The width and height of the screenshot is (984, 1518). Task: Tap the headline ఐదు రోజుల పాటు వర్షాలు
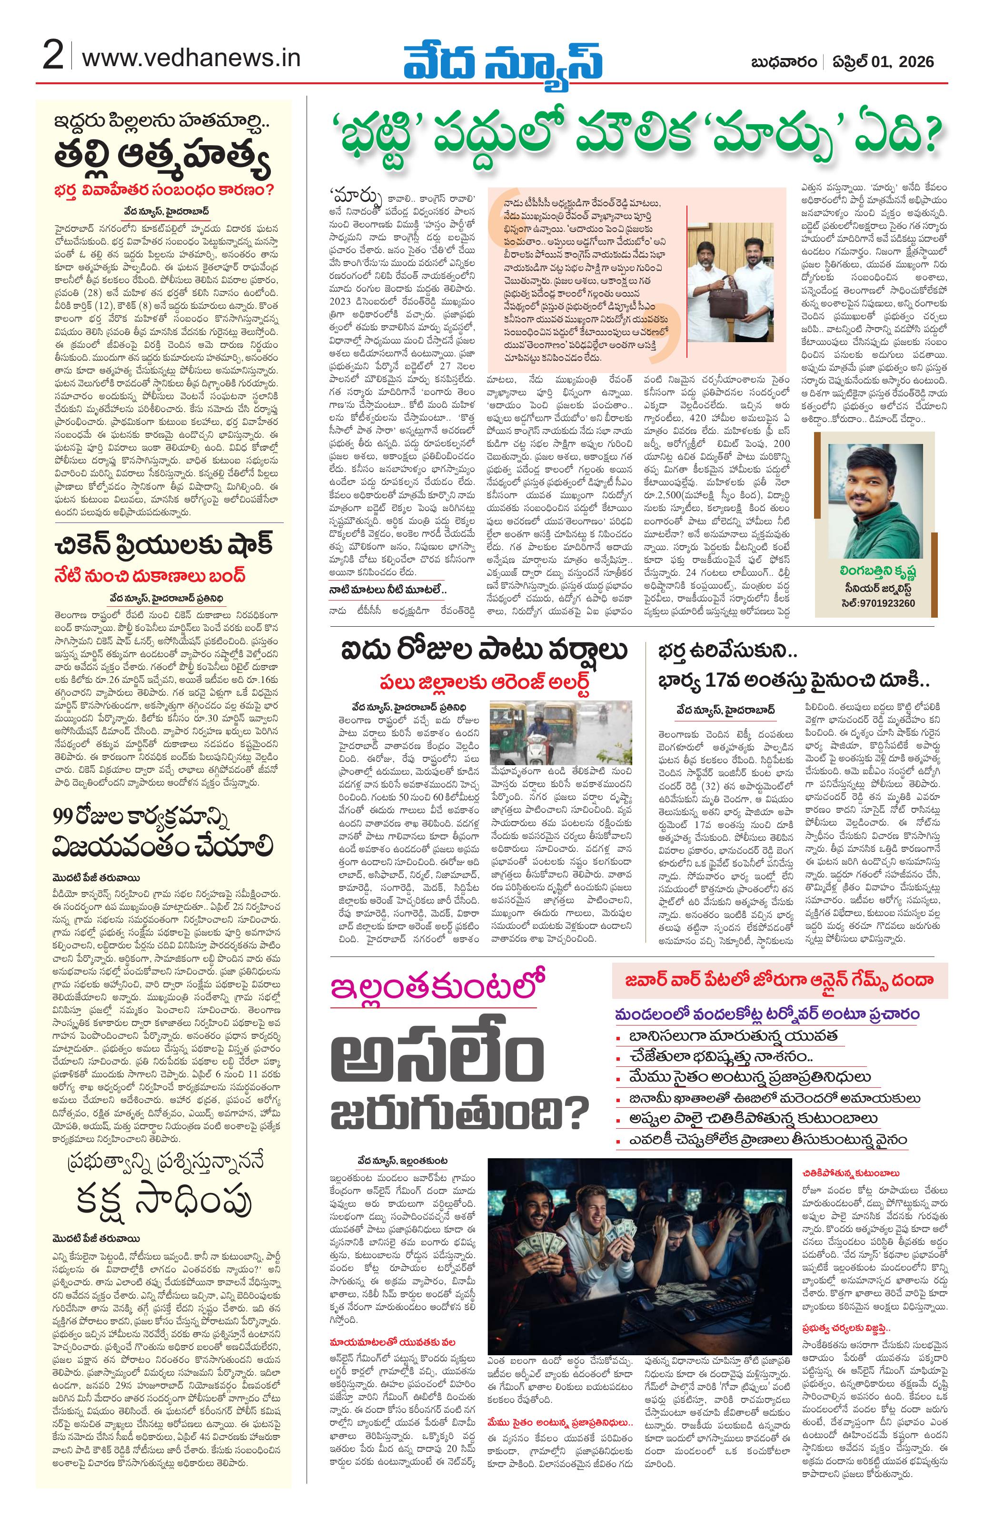tap(485, 651)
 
